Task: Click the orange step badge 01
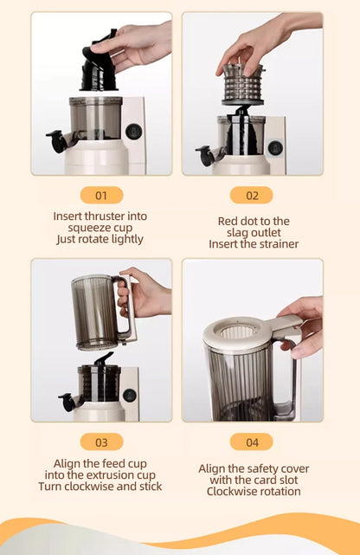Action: pos(101,196)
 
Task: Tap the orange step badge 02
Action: pos(251,196)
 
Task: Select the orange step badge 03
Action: pos(101,442)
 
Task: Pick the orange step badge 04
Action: pos(251,442)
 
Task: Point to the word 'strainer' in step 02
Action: pos(276,244)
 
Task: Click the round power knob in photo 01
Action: pos(132,131)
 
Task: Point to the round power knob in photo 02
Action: pos(274,147)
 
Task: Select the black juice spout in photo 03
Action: pos(67,402)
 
